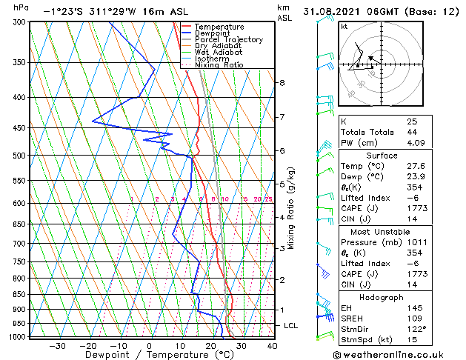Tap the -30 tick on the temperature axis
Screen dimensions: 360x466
point(57,345)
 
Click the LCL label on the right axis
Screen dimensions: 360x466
point(292,325)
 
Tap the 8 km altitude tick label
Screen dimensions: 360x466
point(282,82)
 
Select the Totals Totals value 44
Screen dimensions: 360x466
point(412,132)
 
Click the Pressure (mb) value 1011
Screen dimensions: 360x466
point(417,241)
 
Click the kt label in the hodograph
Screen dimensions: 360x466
point(344,26)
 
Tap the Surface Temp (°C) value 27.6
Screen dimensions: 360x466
point(417,167)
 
